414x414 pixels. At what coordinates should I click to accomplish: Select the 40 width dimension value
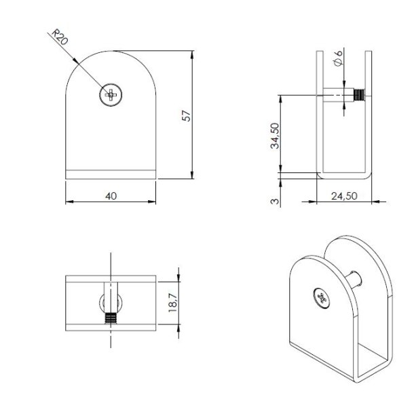111,196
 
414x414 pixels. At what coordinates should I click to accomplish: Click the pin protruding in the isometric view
354,276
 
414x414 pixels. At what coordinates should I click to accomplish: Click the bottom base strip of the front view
111,174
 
